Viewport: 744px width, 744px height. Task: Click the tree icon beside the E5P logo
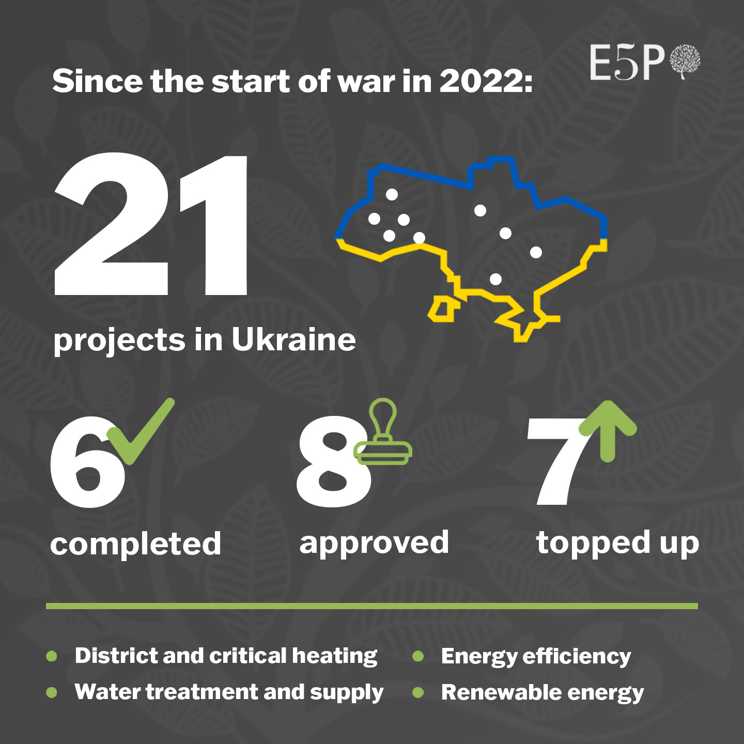(x=685, y=62)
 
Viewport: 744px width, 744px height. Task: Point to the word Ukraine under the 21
(x=293, y=340)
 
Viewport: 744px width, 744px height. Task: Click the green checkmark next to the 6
(x=141, y=431)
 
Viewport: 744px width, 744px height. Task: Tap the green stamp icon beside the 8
(x=383, y=431)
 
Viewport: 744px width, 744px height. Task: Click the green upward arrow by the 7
(x=608, y=431)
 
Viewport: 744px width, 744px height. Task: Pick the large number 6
(x=88, y=462)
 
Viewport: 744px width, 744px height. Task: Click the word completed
(x=135, y=543)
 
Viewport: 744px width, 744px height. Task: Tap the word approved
(x=374, y=542)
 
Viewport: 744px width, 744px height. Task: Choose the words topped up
(x=618, y=542)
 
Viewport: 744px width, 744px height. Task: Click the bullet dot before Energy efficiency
(x=418, y=656)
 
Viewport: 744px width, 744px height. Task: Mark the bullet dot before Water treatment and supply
(x=51, y=692)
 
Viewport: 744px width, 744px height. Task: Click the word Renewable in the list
(x=500, y=692)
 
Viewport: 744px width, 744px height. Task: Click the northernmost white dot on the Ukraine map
(x=392, y=195)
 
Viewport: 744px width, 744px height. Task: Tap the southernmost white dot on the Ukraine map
(x=496, y=279)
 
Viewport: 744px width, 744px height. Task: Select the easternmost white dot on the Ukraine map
(x=536, y=253)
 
